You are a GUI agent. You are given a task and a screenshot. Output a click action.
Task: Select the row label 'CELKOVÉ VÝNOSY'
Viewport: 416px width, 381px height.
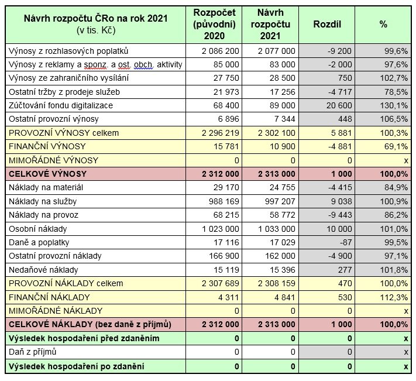47,174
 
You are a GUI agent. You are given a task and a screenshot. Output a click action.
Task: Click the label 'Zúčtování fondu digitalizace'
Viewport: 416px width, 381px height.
61,105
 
